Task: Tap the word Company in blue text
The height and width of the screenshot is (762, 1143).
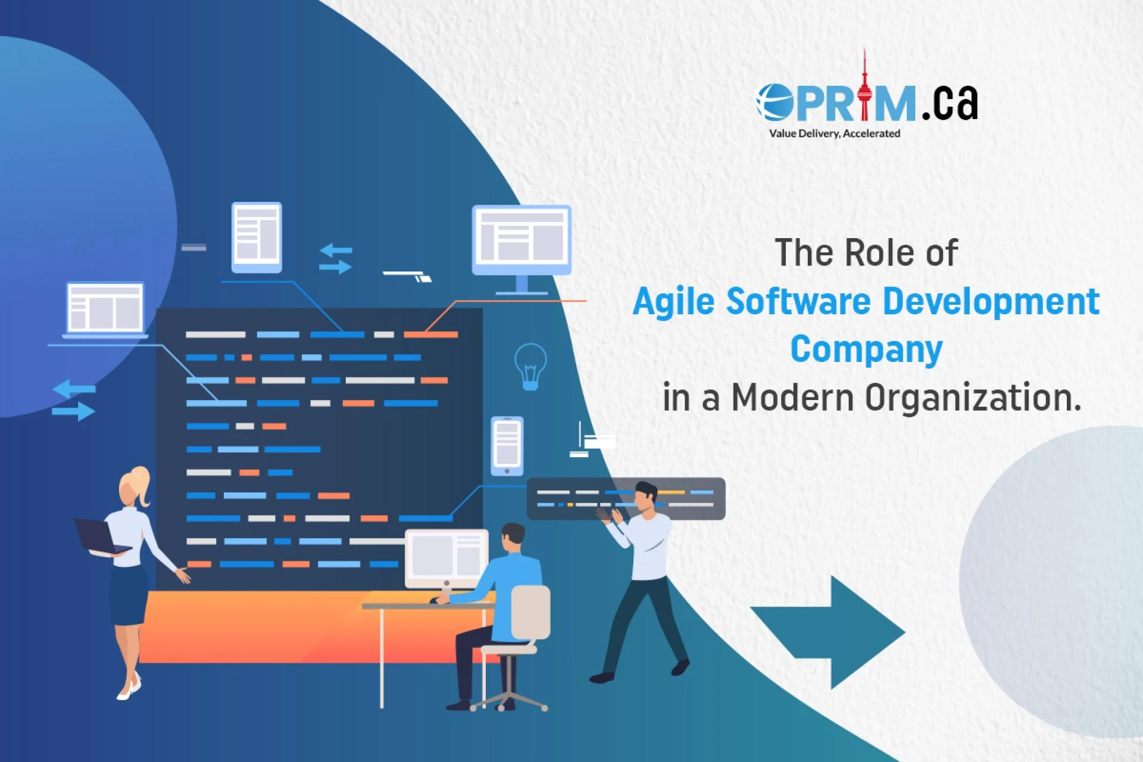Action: click(x=866, y=349)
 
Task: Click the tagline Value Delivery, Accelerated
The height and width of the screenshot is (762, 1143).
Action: click(x=834, y=133)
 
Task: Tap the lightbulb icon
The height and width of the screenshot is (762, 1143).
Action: click(x=530, y=366)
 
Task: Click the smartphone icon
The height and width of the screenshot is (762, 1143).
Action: click(x=507, y=446)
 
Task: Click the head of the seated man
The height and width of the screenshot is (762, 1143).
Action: click(x=513, y=538)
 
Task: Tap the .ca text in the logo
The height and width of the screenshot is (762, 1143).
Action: click(x=950, y=102)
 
